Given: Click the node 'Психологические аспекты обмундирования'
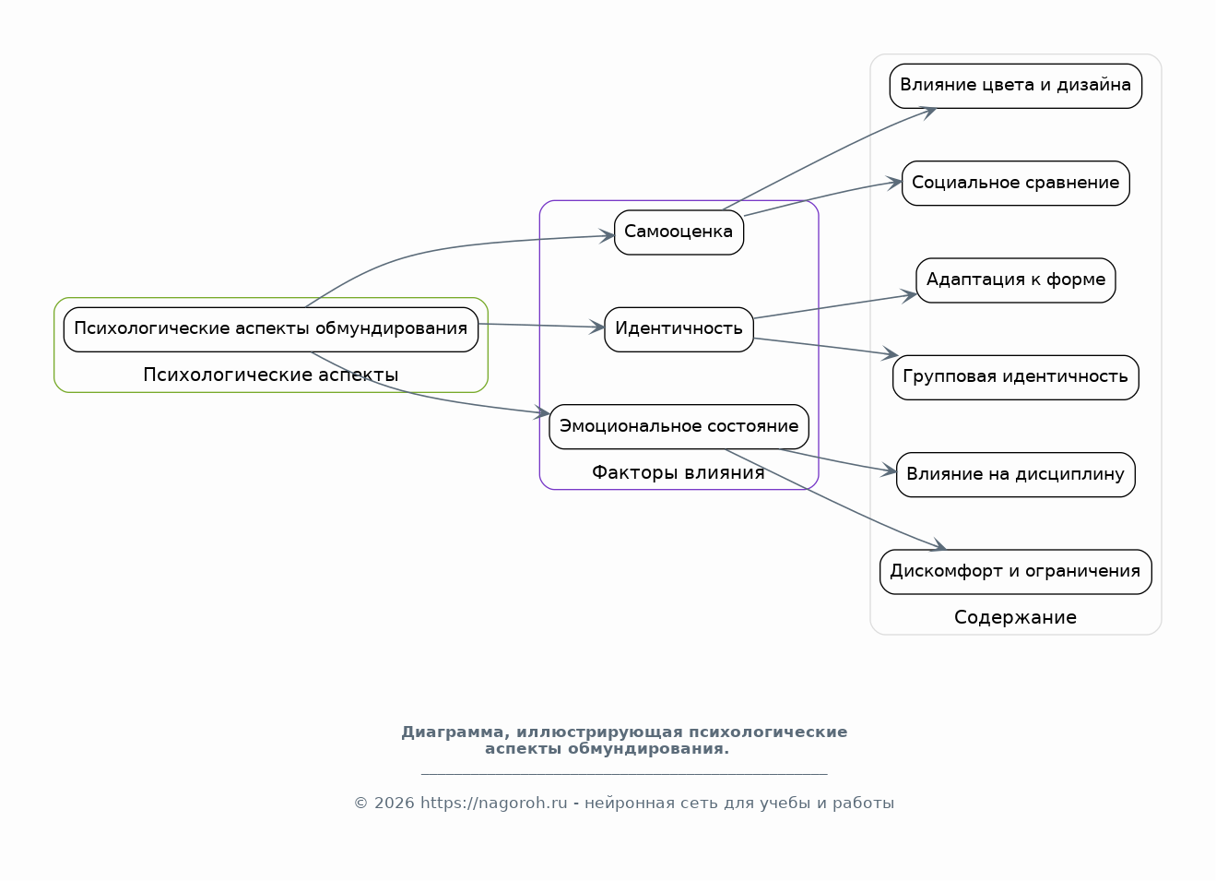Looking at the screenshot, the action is click(271, 329).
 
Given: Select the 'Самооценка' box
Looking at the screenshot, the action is click(679, 232).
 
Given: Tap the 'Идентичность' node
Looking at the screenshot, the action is click(679, 329).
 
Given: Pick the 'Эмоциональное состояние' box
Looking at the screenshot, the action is click(679, 427).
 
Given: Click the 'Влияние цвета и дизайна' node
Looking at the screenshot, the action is click(1016, 86).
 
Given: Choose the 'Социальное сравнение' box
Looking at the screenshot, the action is click(1016, 183).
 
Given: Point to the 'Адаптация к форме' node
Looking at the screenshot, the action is click(1016, 280).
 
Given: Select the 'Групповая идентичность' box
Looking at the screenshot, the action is click(1016, 377).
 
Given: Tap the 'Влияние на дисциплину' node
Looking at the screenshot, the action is click(1016, 475).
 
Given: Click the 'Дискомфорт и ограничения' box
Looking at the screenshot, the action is click(1016, 572).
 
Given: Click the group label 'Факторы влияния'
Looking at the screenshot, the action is click(678, 472).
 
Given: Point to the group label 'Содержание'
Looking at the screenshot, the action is click(1015, 617).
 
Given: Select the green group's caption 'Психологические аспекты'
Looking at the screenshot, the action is click(271, 375).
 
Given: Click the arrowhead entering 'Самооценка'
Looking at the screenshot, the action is click(608, 236).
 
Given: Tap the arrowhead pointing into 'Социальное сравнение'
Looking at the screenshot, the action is click(894, 183).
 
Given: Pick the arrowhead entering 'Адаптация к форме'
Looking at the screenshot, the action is click(909, 296).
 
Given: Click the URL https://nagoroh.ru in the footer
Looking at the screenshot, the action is click(493, 803).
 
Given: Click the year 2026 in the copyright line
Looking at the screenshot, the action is click(394, 803).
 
